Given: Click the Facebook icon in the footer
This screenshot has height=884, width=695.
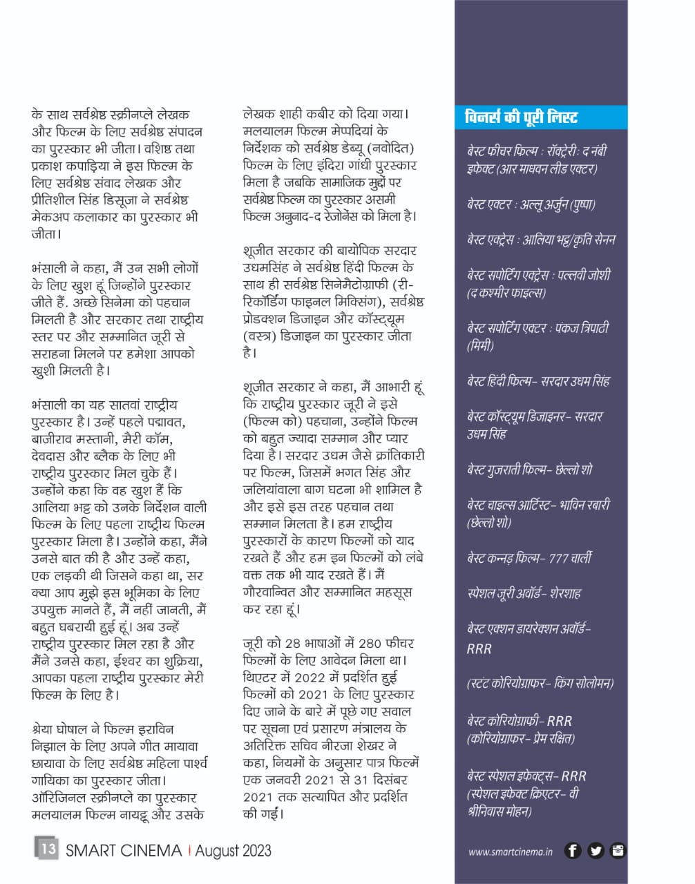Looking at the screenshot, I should click(x=572, y=851).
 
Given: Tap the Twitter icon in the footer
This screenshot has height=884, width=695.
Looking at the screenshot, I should click(x=596, y=851).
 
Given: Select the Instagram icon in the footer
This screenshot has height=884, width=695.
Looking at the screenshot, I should click(x=618, y=851).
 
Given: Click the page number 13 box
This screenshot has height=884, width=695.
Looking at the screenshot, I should click(x=47, y=848).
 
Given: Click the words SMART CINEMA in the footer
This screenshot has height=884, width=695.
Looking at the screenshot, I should click(x=124, y=851).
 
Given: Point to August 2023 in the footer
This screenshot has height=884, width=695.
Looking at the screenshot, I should click(x=233, y=851).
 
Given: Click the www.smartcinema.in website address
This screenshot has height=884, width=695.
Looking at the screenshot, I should click(x=511, y=852).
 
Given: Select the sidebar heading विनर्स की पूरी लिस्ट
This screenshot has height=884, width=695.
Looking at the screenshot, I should click(x=521, y=117).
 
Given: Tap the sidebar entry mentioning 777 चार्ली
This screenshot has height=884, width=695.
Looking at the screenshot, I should click(x=530, y=558).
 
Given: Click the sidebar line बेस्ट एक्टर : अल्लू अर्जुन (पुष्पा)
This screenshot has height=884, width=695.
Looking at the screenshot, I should click(x=531, y=204).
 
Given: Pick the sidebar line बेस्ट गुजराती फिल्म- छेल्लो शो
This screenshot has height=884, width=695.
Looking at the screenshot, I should click(x=530, y=470).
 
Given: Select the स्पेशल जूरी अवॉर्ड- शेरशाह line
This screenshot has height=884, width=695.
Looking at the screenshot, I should click(x=524, y=593).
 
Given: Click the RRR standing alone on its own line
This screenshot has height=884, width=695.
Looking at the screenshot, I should click(x=479, y=648).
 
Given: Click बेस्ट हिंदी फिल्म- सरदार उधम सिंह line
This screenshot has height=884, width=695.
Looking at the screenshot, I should click(x=538, y=381).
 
